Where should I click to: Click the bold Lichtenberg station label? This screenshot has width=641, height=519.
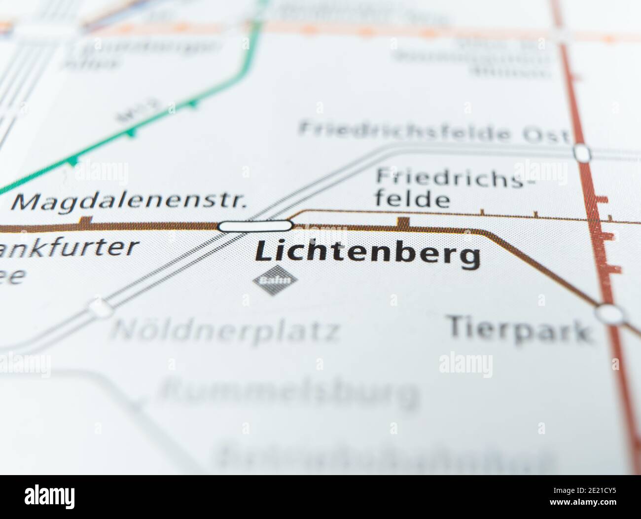click(x=367, y=255)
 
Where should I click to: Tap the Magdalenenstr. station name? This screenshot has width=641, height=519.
click(x=129, y=202)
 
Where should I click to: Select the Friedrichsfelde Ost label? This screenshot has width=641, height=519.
click(x=434, y=132)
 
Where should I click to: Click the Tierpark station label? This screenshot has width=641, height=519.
click(x=519, y=329)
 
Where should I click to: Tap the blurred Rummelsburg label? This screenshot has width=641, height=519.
click(x=288, y=392)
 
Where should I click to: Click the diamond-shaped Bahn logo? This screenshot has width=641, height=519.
click(x=275, y=281)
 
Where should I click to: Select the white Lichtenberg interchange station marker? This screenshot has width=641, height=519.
click(x=255, y=226)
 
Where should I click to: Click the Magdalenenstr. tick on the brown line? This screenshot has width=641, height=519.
click(x=86, y=222)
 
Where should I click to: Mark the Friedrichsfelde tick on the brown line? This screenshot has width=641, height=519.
click(x=403, y=222)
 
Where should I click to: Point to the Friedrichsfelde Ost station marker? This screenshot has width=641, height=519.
click(x=582, y=152)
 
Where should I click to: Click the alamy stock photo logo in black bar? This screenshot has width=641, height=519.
click(x=50, y=496)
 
